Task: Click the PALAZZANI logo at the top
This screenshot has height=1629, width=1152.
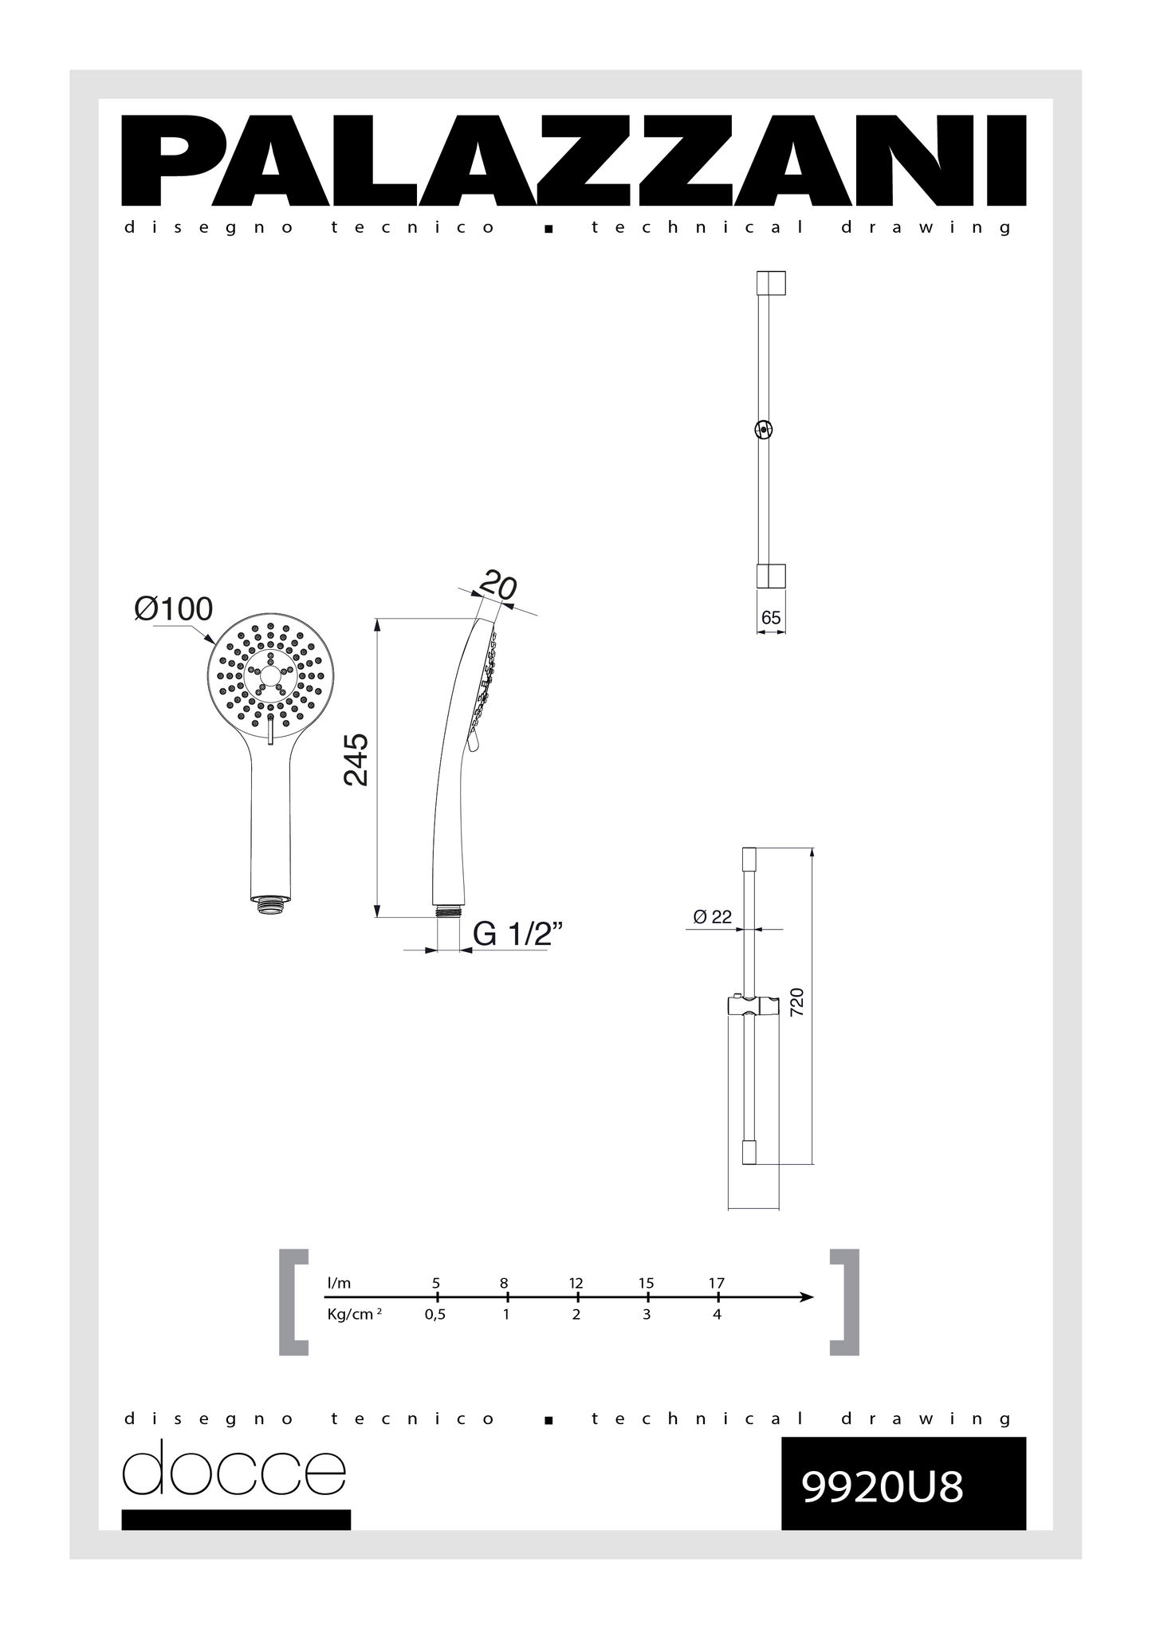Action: click(x=573, y=160)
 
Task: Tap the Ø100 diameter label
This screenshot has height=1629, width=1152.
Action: click(x=174, y=609)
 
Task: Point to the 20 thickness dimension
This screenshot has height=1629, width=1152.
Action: click(x=498, y=587)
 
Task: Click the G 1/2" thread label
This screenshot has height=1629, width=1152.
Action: click(x=518, y=934)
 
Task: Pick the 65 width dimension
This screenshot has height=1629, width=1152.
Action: click(x=771, y=618)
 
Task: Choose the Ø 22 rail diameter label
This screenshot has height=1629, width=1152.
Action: click(x=713, y=917)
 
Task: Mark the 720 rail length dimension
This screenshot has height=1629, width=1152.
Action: click(x=796, y=1001)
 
